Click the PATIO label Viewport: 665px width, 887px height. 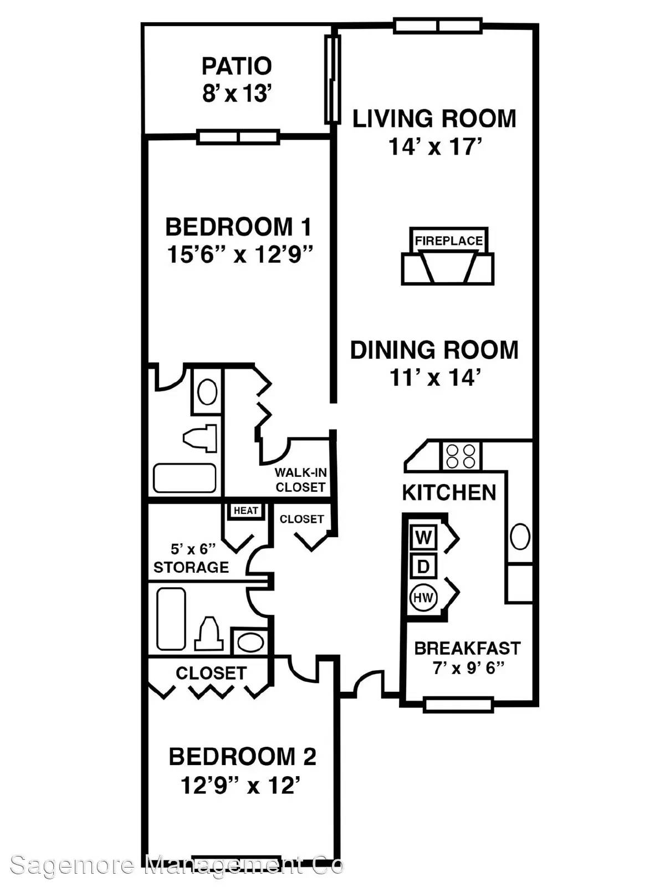click(x=237, y=66)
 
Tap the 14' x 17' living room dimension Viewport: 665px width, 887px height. click(x=435, y=147)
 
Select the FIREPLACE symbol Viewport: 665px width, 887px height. click(x=448, y=256)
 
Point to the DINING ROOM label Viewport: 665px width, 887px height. click(x=434, y=350)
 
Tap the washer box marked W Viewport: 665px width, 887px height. click(x=423, y=538)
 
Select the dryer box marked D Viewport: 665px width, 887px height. click(x=423, y=567)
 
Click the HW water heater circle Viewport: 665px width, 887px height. click(x=423, y=597)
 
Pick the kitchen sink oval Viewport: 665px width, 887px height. click(x=520, y=537)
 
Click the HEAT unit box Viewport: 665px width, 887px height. click(x=245, y=511)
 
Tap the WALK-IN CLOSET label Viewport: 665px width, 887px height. click(x=300, y=480)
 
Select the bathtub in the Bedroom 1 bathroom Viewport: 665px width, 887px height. click(x=185, y=478)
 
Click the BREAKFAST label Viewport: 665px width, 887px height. click(x=468, y=648)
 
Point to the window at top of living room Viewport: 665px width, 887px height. click(x=438, y=26)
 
